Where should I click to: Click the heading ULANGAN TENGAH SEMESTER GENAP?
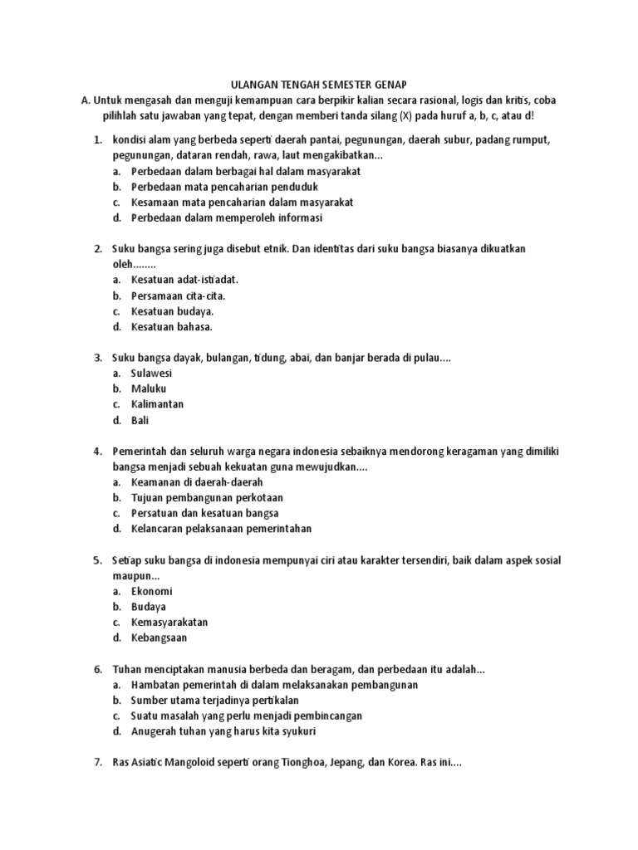[318, 84]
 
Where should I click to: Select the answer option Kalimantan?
[157, 404]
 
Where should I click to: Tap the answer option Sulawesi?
[151, 374]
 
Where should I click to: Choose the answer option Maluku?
[149, 388]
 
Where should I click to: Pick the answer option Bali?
[140, 420]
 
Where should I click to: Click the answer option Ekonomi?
[152, 591]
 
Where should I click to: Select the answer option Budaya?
[148, 607]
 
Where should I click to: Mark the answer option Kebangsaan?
[159, 637]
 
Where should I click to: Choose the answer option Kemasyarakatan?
[169, 622]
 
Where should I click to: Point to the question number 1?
[96, 139]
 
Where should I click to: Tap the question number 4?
[96, 451]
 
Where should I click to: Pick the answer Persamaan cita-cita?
[178, 296]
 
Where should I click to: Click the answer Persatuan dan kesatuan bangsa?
[204, 513]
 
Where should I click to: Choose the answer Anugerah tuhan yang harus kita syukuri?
[223, 731]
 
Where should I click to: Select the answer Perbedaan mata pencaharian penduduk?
[224, 187]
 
